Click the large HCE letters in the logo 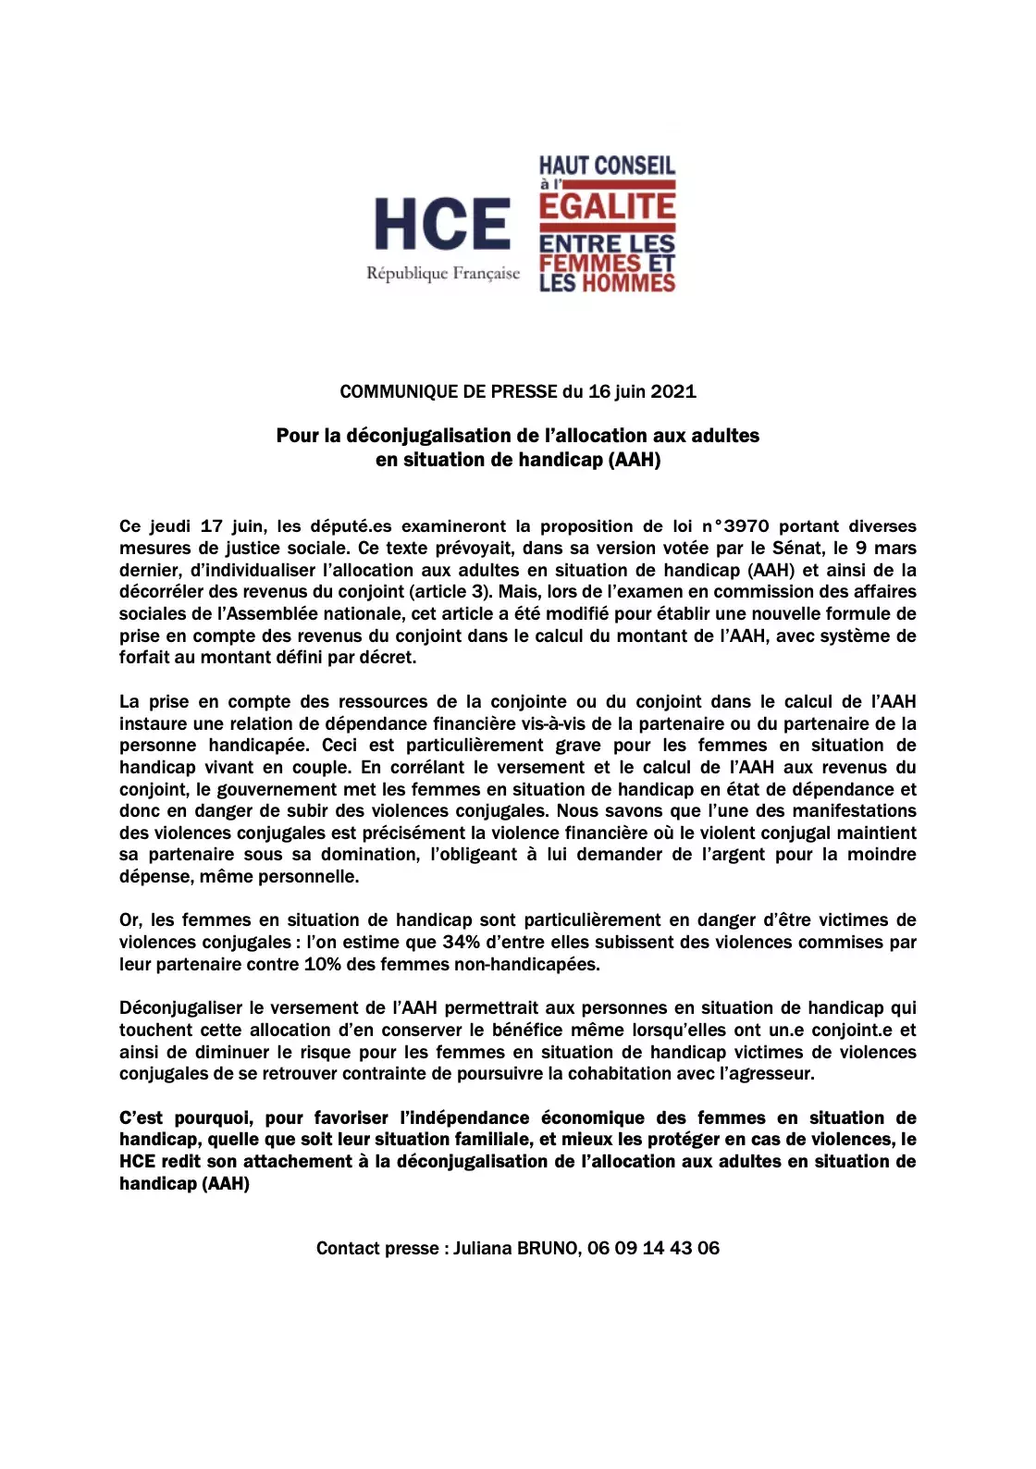point(442,225)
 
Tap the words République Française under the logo point(443,274)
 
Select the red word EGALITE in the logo point(608,206)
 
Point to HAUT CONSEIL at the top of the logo point(608,166)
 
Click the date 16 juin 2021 point(642,391)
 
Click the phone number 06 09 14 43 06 point(653,1248)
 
